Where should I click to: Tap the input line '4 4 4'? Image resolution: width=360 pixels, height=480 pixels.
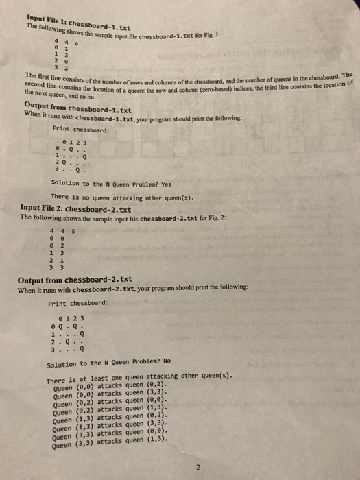pyautogui.click(x=63, y=42)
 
